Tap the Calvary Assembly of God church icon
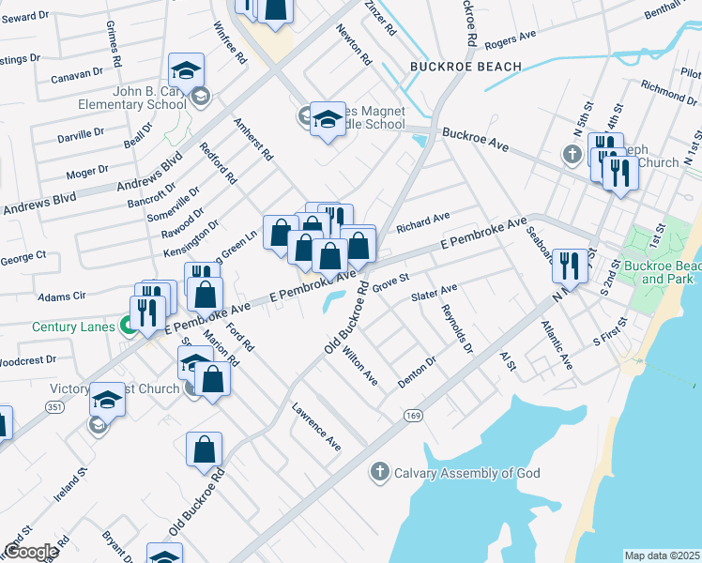click(x=379, y=472)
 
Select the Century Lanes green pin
click(x=128, y=327)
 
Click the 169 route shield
click(x=412, y=414)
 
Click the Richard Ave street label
click(x=422, y=222)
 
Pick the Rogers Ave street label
click(x=511, y=38)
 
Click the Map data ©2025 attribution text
click(x=663, y=555)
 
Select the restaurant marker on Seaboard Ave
click(x=570, y=266)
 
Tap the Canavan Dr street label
click(x=76, y=73)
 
